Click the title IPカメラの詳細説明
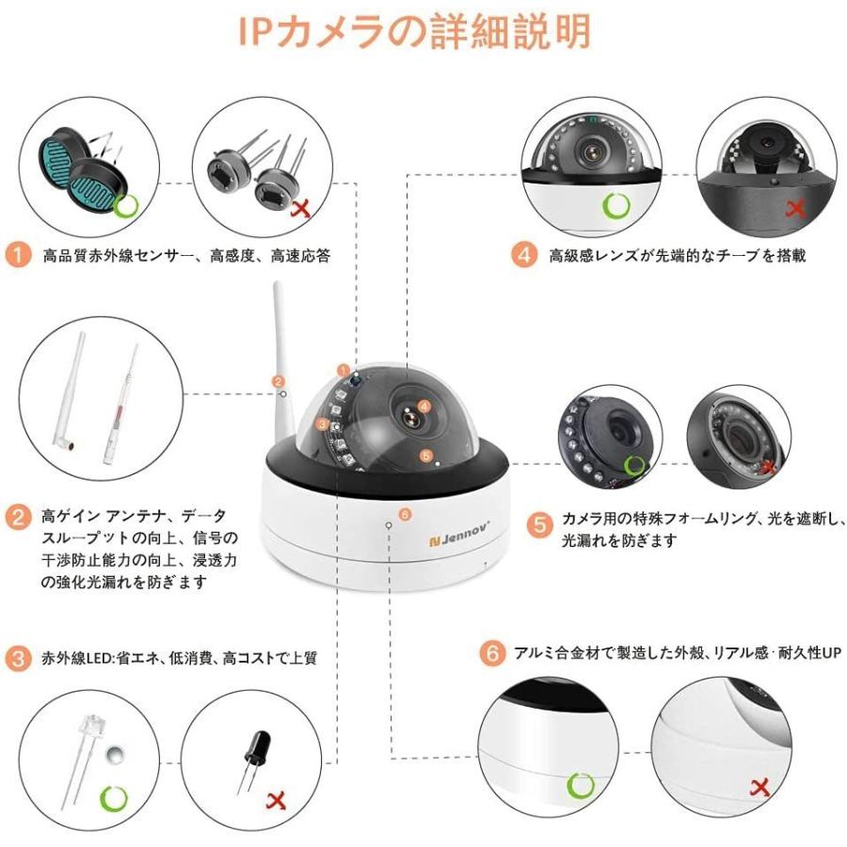click(414, 32)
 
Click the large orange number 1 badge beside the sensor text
click(18, 254)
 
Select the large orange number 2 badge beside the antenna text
click(18, 517)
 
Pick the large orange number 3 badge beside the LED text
click(18, 658)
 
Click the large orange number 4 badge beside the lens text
click(524, 254)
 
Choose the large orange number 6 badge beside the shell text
click(490, 653)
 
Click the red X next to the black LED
click(277, 800)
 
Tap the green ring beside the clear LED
click(114, 799)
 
